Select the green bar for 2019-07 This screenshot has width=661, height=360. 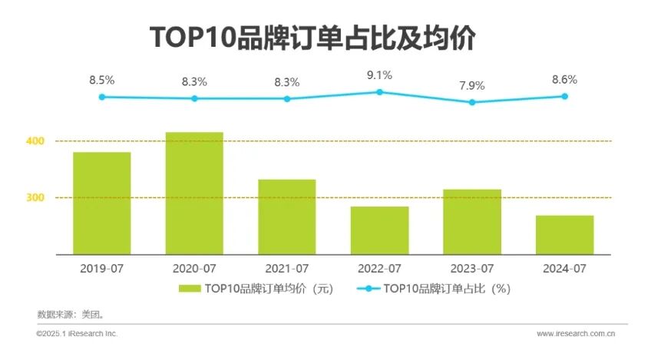101,203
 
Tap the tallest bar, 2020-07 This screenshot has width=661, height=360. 194,193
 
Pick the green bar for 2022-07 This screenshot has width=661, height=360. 379,230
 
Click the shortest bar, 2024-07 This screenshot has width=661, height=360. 564,234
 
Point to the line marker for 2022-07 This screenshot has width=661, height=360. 379,92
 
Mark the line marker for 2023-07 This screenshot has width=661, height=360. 472,102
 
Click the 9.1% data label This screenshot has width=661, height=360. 379,75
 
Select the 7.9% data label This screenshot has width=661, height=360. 472,85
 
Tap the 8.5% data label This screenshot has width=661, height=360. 101,80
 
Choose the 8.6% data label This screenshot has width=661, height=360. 564,79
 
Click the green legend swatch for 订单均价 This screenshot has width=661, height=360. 190,289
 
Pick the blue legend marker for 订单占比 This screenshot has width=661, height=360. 367,289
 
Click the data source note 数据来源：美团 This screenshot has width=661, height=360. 70,314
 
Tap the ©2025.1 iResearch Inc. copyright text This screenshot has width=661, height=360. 77,334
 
